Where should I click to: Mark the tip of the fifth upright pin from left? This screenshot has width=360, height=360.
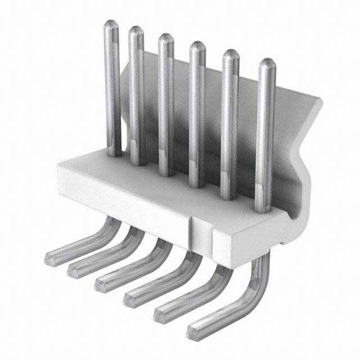point(230,54)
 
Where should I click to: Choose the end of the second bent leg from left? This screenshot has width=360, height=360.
point(75,271)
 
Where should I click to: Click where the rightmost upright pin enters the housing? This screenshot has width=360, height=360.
point(263,209)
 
